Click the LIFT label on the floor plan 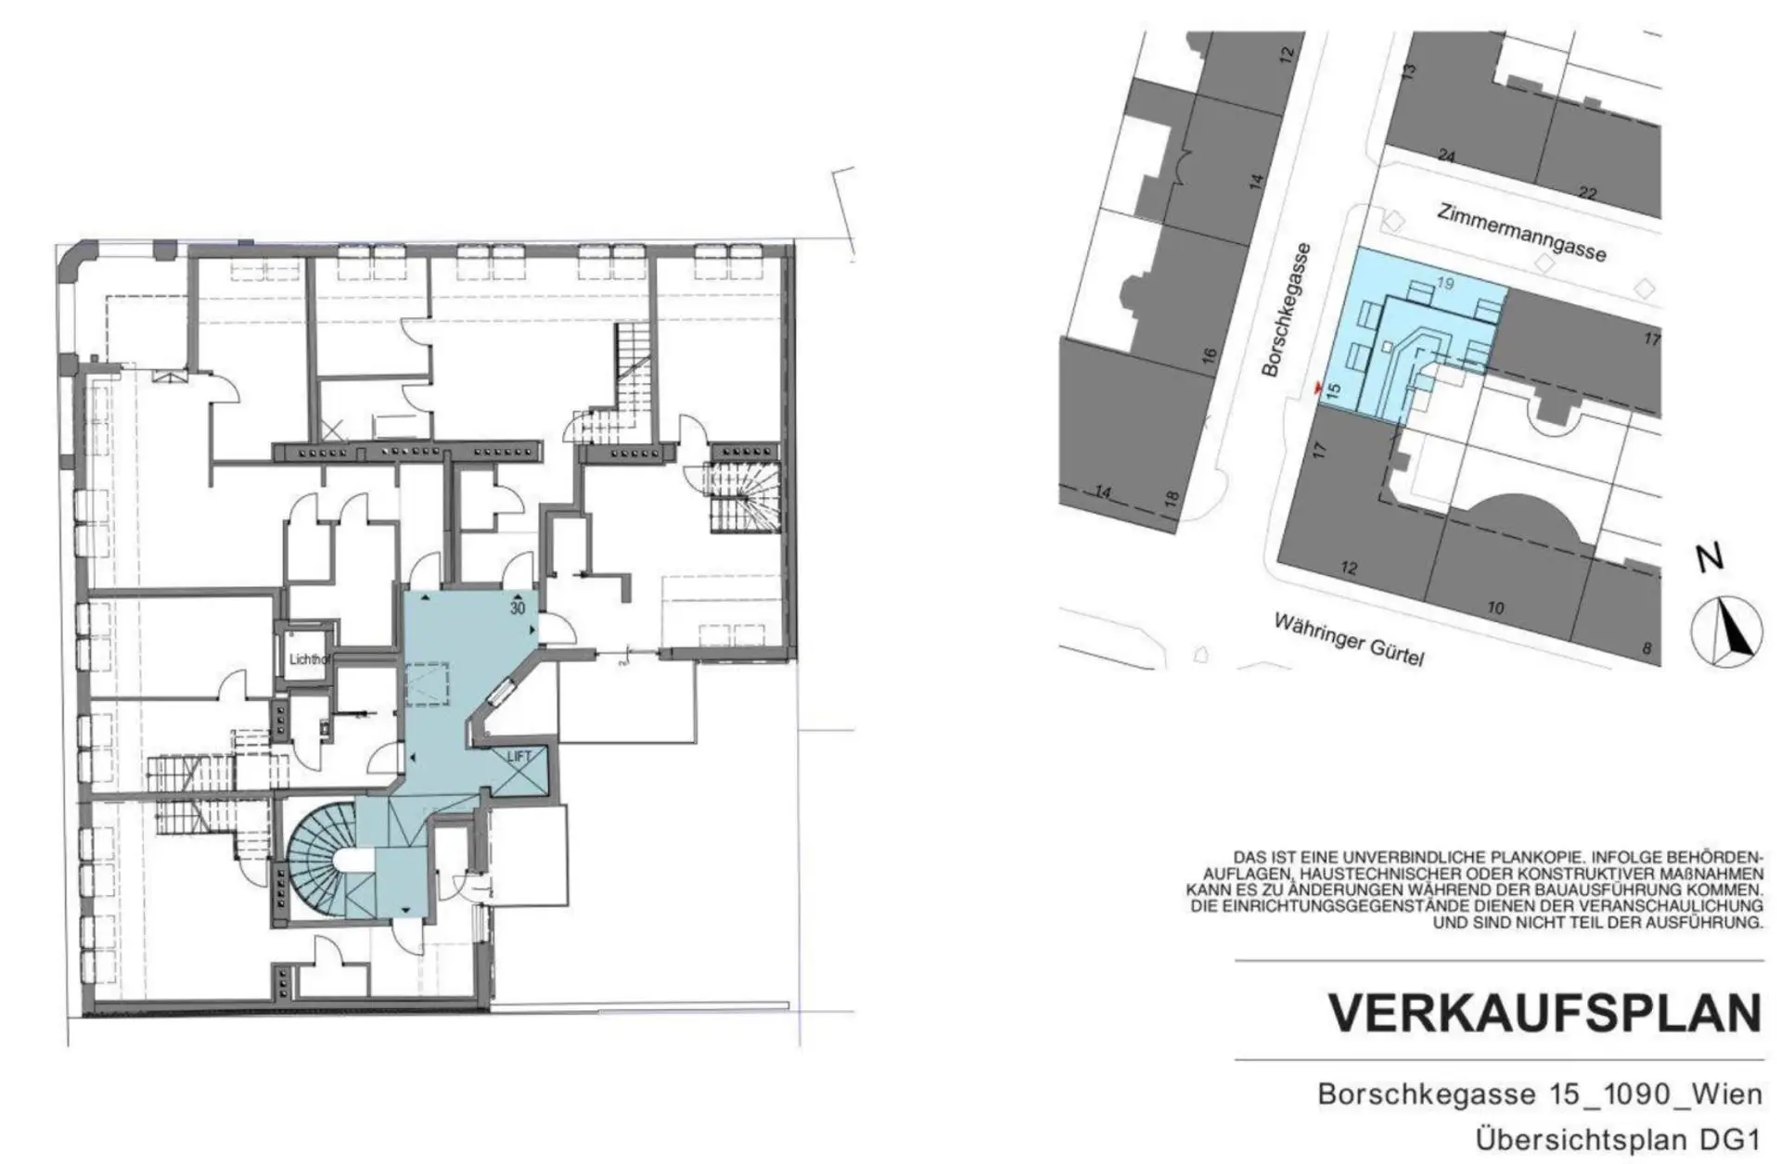click(519, 756)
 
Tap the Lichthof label click(309, 659)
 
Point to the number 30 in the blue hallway click(518, 608)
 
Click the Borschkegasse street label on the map click(1286, 309)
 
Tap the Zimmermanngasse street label click(1521, 231)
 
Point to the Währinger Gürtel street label click(1349, 639)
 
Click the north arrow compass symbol click(1725, 633)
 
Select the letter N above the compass click(1710, 557)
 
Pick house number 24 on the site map click(1446, 156)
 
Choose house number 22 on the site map click(1588, 193)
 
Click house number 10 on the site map click(1495, 608)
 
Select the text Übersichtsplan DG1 click(1619, 1138)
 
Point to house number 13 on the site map click(1407, 70)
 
